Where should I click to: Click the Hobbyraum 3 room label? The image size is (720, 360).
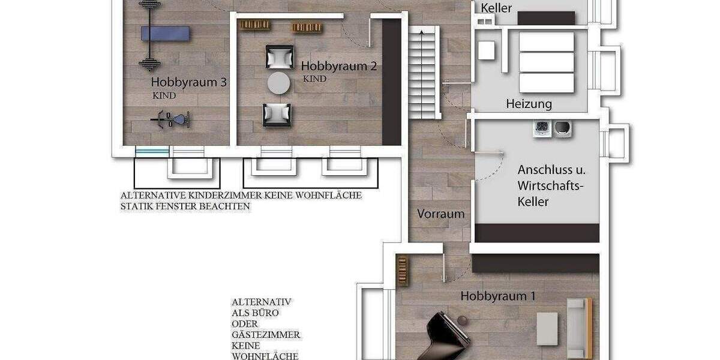click(188, 82)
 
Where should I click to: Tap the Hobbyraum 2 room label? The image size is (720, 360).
click(338, 67)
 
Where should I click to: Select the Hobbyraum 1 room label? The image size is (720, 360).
click(498, 296)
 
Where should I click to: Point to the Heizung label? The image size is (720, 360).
click(529, 104)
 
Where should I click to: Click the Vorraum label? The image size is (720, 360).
click(441, 214)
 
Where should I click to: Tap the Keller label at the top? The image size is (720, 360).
click(497, 8)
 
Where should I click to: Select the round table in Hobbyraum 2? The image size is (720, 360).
click(278, 83)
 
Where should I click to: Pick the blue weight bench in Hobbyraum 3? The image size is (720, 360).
click(166, 33)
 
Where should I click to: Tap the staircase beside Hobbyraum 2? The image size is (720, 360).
click(425, 72)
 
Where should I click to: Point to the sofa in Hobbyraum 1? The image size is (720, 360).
click(579, 328)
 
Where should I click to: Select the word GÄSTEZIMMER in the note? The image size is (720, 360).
click(266, 335)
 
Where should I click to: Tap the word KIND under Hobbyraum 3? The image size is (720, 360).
click(164, 95)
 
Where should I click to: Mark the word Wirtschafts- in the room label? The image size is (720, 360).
click(550, 186)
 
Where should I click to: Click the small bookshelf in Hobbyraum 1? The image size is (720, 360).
click(403, 271)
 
